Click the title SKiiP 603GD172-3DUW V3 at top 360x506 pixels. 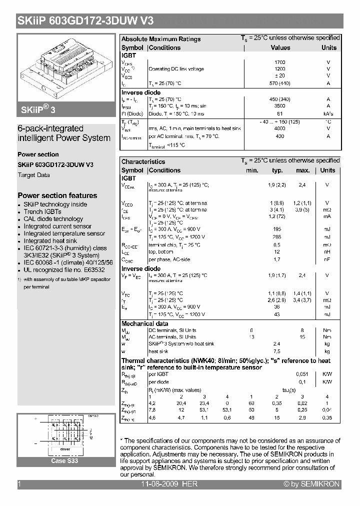(x=85, y=21)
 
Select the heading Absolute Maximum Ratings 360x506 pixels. (x=161, y=39)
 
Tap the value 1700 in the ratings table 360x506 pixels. (x=280, y=62)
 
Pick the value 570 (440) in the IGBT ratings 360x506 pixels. (x=280, y=83)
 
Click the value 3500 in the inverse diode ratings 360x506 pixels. (x=280, y=106)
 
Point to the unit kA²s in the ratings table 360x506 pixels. (x=328, y=114)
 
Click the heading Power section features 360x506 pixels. (x=57, y=195)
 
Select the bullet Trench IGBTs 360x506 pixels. (x=42, y=211)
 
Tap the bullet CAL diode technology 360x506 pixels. (x=53, y=219)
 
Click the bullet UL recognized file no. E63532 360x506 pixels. (x=60, y=270)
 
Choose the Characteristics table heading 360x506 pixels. (x=143, y=161)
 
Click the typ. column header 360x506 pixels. (x=277, y=170)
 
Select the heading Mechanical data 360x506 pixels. (x=145, y=324)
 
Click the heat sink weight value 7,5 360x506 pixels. (x=277, y=351)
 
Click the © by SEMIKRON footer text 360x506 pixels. (x=311, y=484)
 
